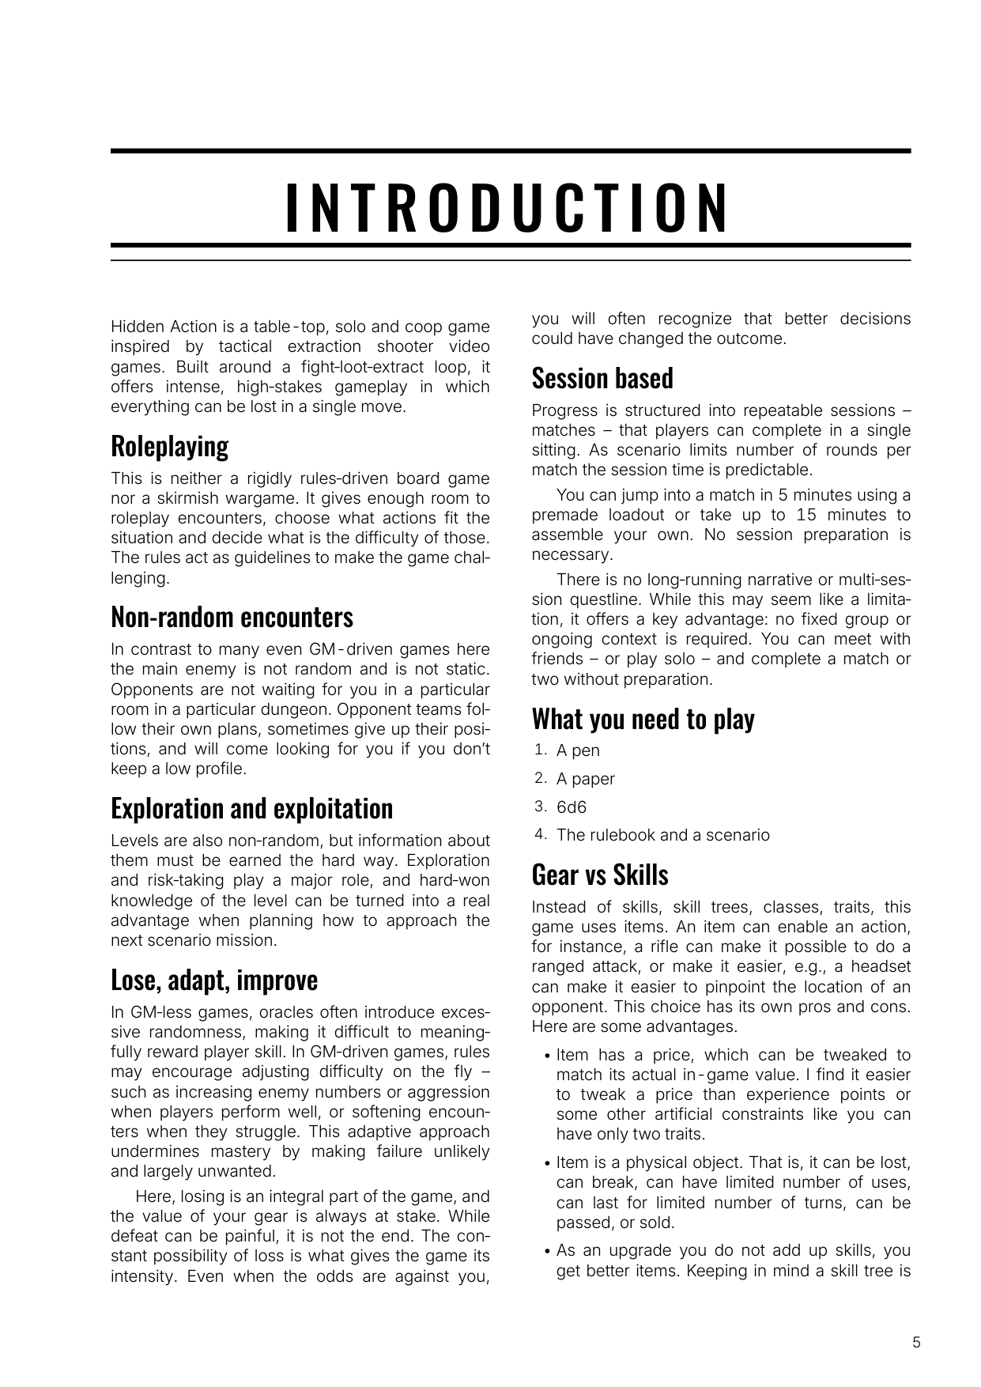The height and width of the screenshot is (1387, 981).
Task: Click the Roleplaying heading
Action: click(169, 446)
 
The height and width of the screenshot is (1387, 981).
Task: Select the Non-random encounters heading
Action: click(232, 617)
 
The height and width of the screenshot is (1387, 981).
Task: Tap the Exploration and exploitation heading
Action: click(251, 808)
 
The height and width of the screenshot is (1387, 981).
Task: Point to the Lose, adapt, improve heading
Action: click(214, 980)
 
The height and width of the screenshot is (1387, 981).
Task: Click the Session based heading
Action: click(602, 378)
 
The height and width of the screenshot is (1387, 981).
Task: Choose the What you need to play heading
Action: click(643, 719)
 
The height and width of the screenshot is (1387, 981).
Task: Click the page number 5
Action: click(916, 1342)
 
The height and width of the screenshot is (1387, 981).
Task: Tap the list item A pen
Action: click(578, 750)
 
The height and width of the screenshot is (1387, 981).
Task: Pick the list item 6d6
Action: click(572, 807)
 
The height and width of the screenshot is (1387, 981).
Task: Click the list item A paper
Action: click(585, 779)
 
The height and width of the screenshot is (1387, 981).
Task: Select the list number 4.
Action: click(539, 834)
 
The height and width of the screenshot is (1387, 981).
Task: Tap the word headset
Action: click(881, 966)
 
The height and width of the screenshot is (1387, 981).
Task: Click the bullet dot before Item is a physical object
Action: click(548, 1164)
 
